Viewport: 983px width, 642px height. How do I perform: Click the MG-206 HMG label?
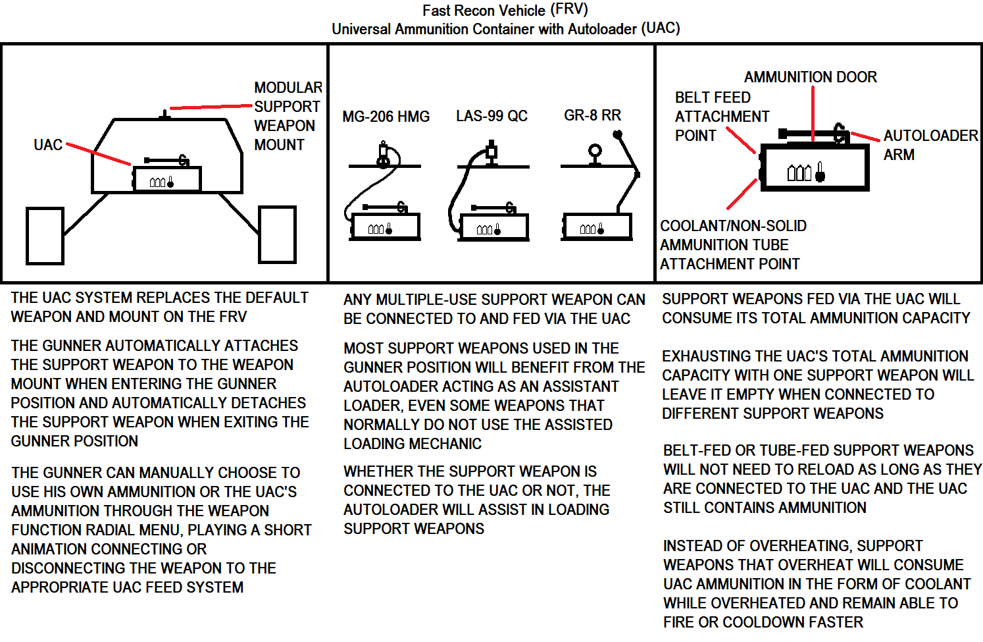[x=386, y=117]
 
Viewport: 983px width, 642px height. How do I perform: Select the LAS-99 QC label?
[x=491, y=116]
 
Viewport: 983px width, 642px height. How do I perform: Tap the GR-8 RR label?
[x=592, y=115]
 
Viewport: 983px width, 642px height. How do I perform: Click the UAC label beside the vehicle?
[x=48, y=145]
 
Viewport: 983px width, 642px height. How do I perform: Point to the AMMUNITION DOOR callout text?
[x=810, y=77]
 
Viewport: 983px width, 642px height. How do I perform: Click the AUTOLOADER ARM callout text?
[x=930, y=145]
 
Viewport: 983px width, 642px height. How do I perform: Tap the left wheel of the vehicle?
[x=45, y=236]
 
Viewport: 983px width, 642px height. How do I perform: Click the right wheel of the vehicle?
[x=277, y=234]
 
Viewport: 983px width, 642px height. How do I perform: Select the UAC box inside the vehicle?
[x=167, y=179]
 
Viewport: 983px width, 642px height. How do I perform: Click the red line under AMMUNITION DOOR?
[x=813, y=113]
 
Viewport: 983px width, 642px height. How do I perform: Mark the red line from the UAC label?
[x=98, y=154]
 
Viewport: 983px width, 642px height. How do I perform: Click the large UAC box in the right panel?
[x=814, y=168]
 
